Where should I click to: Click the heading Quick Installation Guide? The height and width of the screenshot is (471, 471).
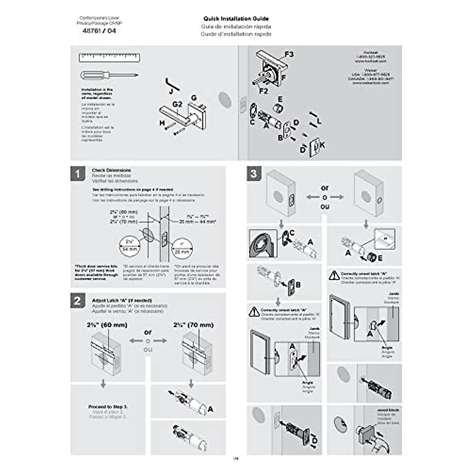pyautogui.click(x=236, y=18)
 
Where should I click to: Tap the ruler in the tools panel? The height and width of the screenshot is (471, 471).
pyautogui.click(x=110, y=58)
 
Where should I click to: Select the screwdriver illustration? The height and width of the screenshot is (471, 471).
pyautogui.click(x=109, y=75)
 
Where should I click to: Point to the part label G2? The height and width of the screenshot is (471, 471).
pyautogui.click(x=177, y=104)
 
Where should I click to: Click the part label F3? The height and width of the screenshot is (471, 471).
pyautogui.click(x=289, y=54)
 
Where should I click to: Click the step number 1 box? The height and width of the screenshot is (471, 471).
pyautogui.click(x=78, y=173)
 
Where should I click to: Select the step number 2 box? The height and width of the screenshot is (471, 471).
pyautogui.click(x=78, y=301)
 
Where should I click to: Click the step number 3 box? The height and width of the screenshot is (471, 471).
pyautogui.click(x=254, y=173)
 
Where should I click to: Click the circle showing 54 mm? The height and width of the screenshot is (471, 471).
pyautogui.click(x=130, y=246)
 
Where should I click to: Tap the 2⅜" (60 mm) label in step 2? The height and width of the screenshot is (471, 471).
pyautogui.click(x=107, y=325)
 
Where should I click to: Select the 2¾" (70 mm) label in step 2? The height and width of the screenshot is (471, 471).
pyautogui.click(x=194, y=325)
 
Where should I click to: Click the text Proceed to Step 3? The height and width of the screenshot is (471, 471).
pyautogui.click(x=108, y=407)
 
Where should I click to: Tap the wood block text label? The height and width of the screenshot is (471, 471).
pyautogui.click(x=388, y=410)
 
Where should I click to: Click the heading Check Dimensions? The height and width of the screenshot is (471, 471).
pyautogui.click(x=111, y=170)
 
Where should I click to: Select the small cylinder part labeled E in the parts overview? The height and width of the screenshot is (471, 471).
pyautogui.click(x=278, y=109)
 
